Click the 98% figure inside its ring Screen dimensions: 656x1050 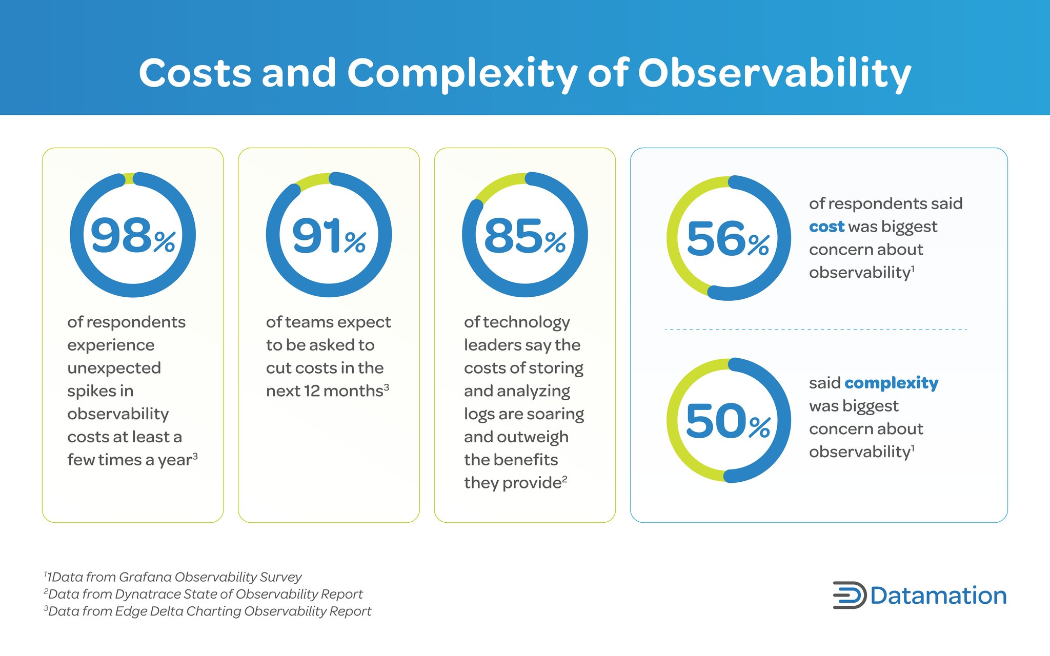(132, 236)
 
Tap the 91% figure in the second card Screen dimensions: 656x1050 (328, 236)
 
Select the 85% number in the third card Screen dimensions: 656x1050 (524, 236)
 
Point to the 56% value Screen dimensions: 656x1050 (728, 239)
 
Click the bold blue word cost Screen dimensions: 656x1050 (826, 227)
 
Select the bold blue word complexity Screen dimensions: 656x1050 (891, 383)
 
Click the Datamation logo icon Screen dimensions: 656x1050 (849, 595)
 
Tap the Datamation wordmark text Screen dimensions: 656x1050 (938, 596)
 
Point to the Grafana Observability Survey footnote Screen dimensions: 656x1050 (174, 577)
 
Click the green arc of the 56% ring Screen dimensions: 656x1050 (676, 238)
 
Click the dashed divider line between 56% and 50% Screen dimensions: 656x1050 (815, 329)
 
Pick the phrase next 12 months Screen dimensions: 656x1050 (325, 391)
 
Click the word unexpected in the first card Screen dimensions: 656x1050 (114, 368)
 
